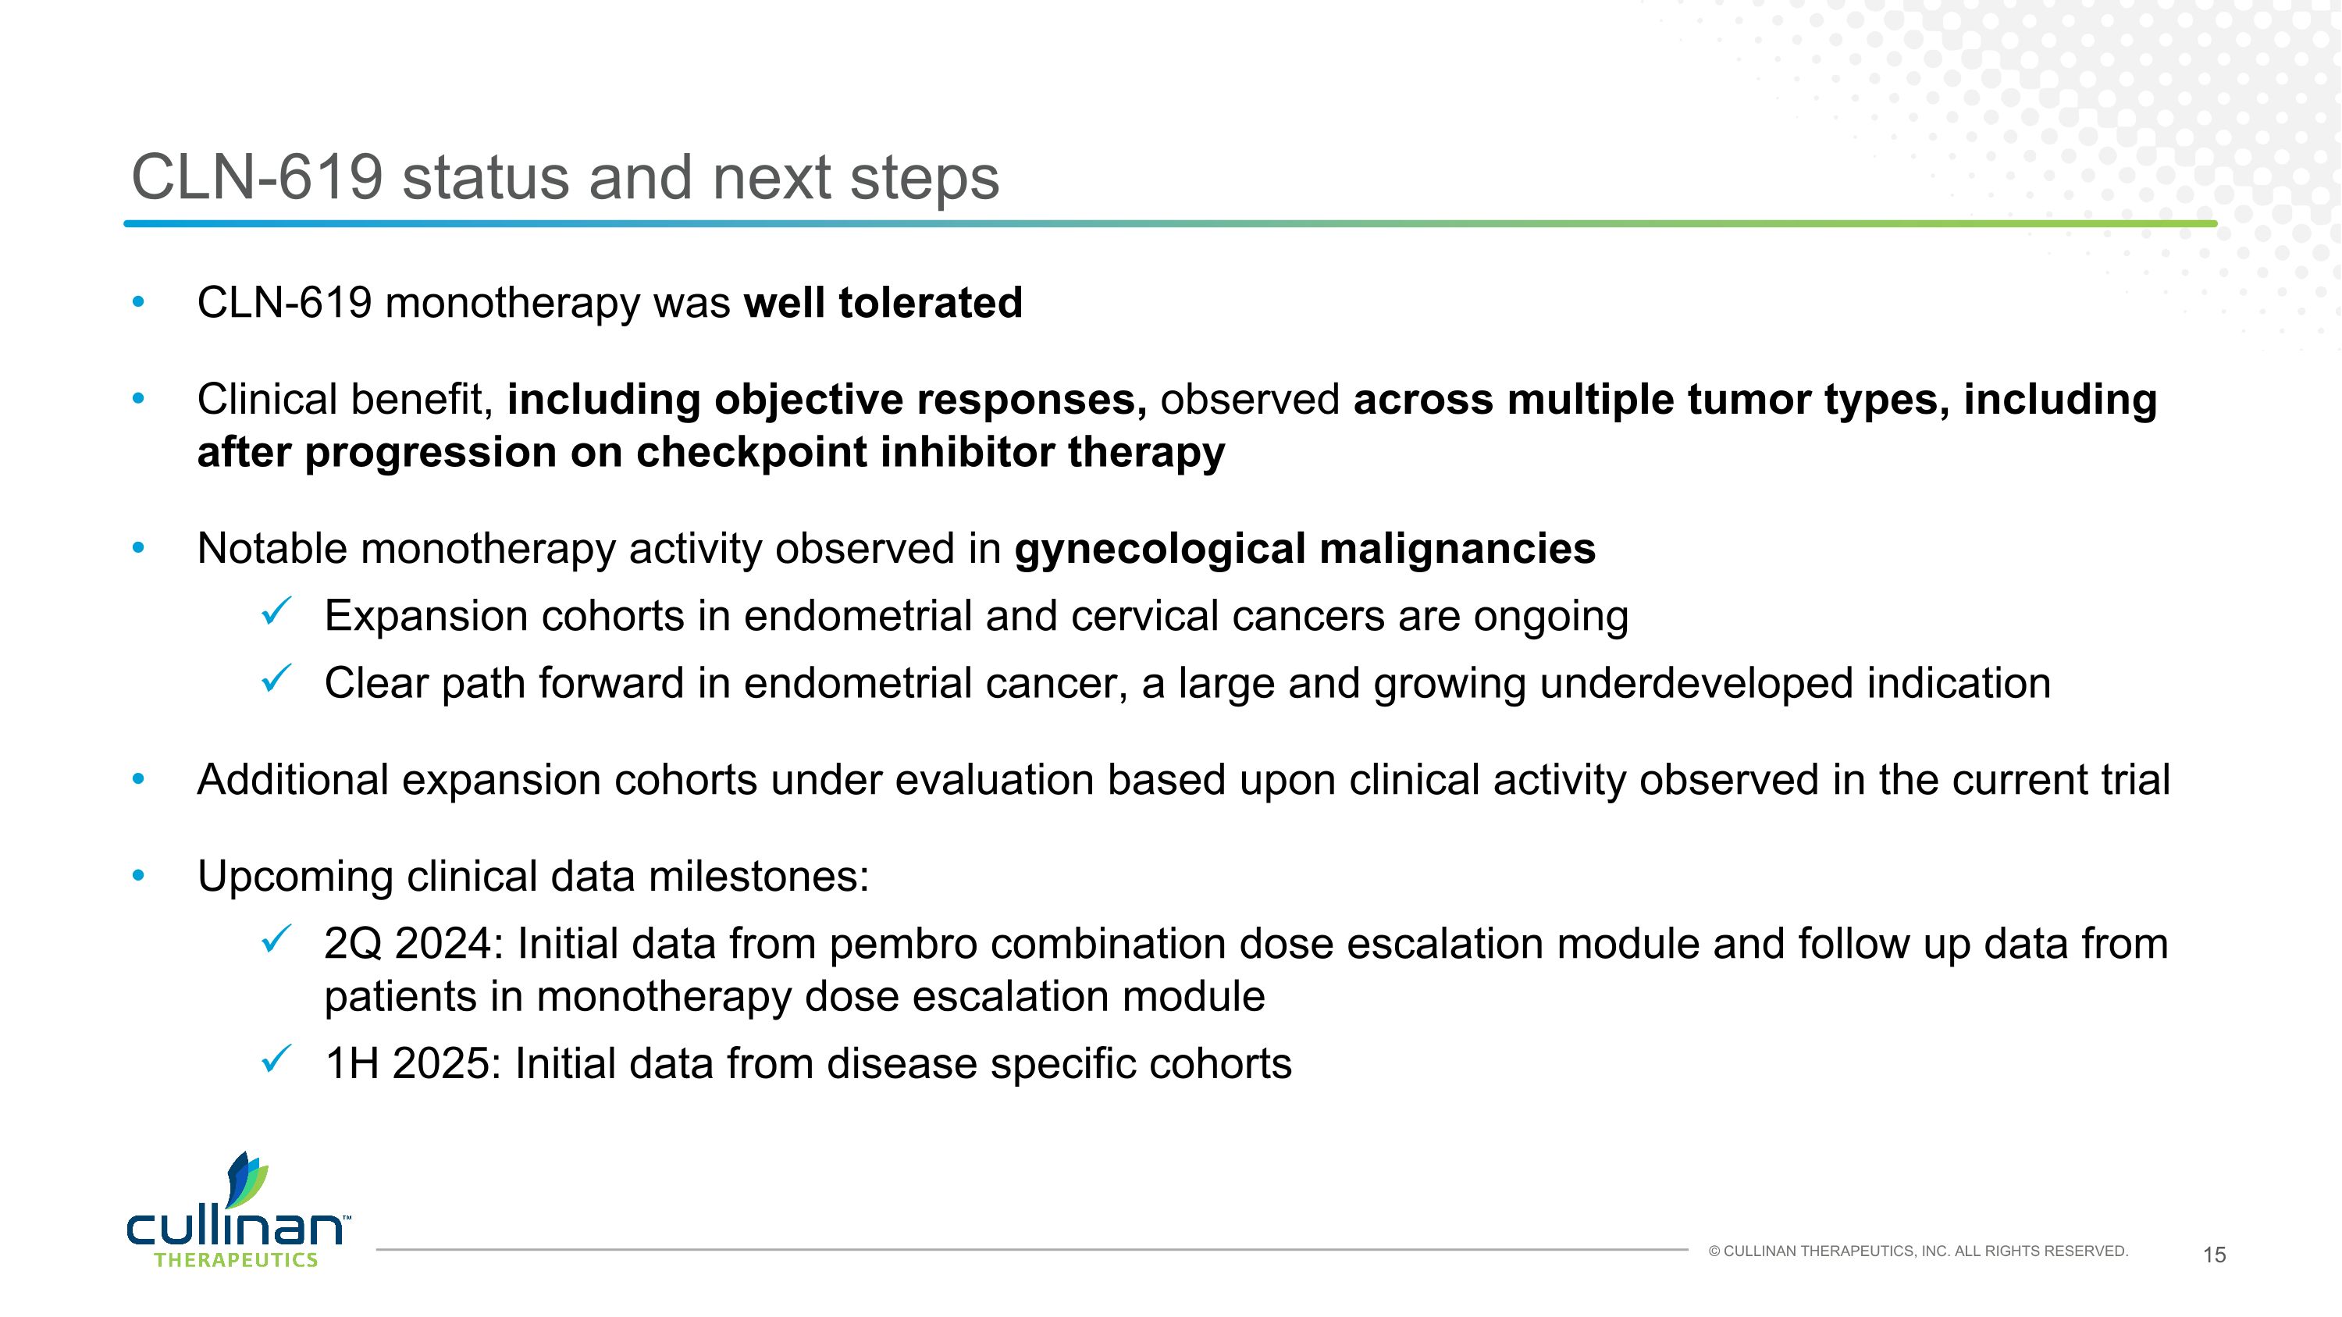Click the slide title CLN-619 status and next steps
[564, 176]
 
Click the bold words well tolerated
[882, 303]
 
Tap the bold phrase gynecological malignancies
[1304, 549]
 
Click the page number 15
[2213, 1255]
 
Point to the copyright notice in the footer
[1917, 1251]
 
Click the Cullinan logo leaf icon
[245, 1180]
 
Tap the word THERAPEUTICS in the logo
[236, 1260]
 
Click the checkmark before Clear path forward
[276, 678]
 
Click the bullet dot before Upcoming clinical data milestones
[138, 876]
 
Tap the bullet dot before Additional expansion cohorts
[138, 780]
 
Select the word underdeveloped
[1695, 684]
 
